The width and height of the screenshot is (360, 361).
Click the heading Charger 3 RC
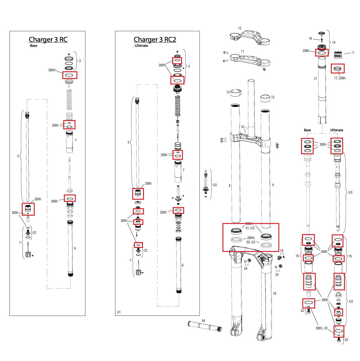[48, 40]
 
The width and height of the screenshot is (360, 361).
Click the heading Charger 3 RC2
[155, 40]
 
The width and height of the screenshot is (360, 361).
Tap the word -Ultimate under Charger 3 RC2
[141, 46]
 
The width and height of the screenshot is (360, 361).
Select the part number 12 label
[239, 29]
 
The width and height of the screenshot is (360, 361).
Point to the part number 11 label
[242, 51]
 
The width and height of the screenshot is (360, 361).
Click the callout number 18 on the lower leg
[274, 293]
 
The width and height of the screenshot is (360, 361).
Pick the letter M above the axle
[203, 321]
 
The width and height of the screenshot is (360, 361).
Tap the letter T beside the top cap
[353, 53]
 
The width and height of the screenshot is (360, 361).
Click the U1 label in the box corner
[119, 312]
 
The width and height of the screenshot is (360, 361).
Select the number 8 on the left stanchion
[229, 186]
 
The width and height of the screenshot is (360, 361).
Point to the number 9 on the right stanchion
[273, 185]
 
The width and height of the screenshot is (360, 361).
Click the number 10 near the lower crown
[242, 127]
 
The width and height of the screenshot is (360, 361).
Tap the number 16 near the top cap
[310, 39]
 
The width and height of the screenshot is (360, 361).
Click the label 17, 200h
[339, 78]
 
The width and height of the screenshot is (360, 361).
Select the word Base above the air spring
[307, 130]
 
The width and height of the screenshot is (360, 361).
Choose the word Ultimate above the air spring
[336, 130]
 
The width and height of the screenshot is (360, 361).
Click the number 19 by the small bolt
[281, 251]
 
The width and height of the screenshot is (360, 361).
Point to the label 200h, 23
[321, 328]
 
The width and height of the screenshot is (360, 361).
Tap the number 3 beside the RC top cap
[80, 61]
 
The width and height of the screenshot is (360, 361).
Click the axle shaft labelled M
[204, 326]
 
